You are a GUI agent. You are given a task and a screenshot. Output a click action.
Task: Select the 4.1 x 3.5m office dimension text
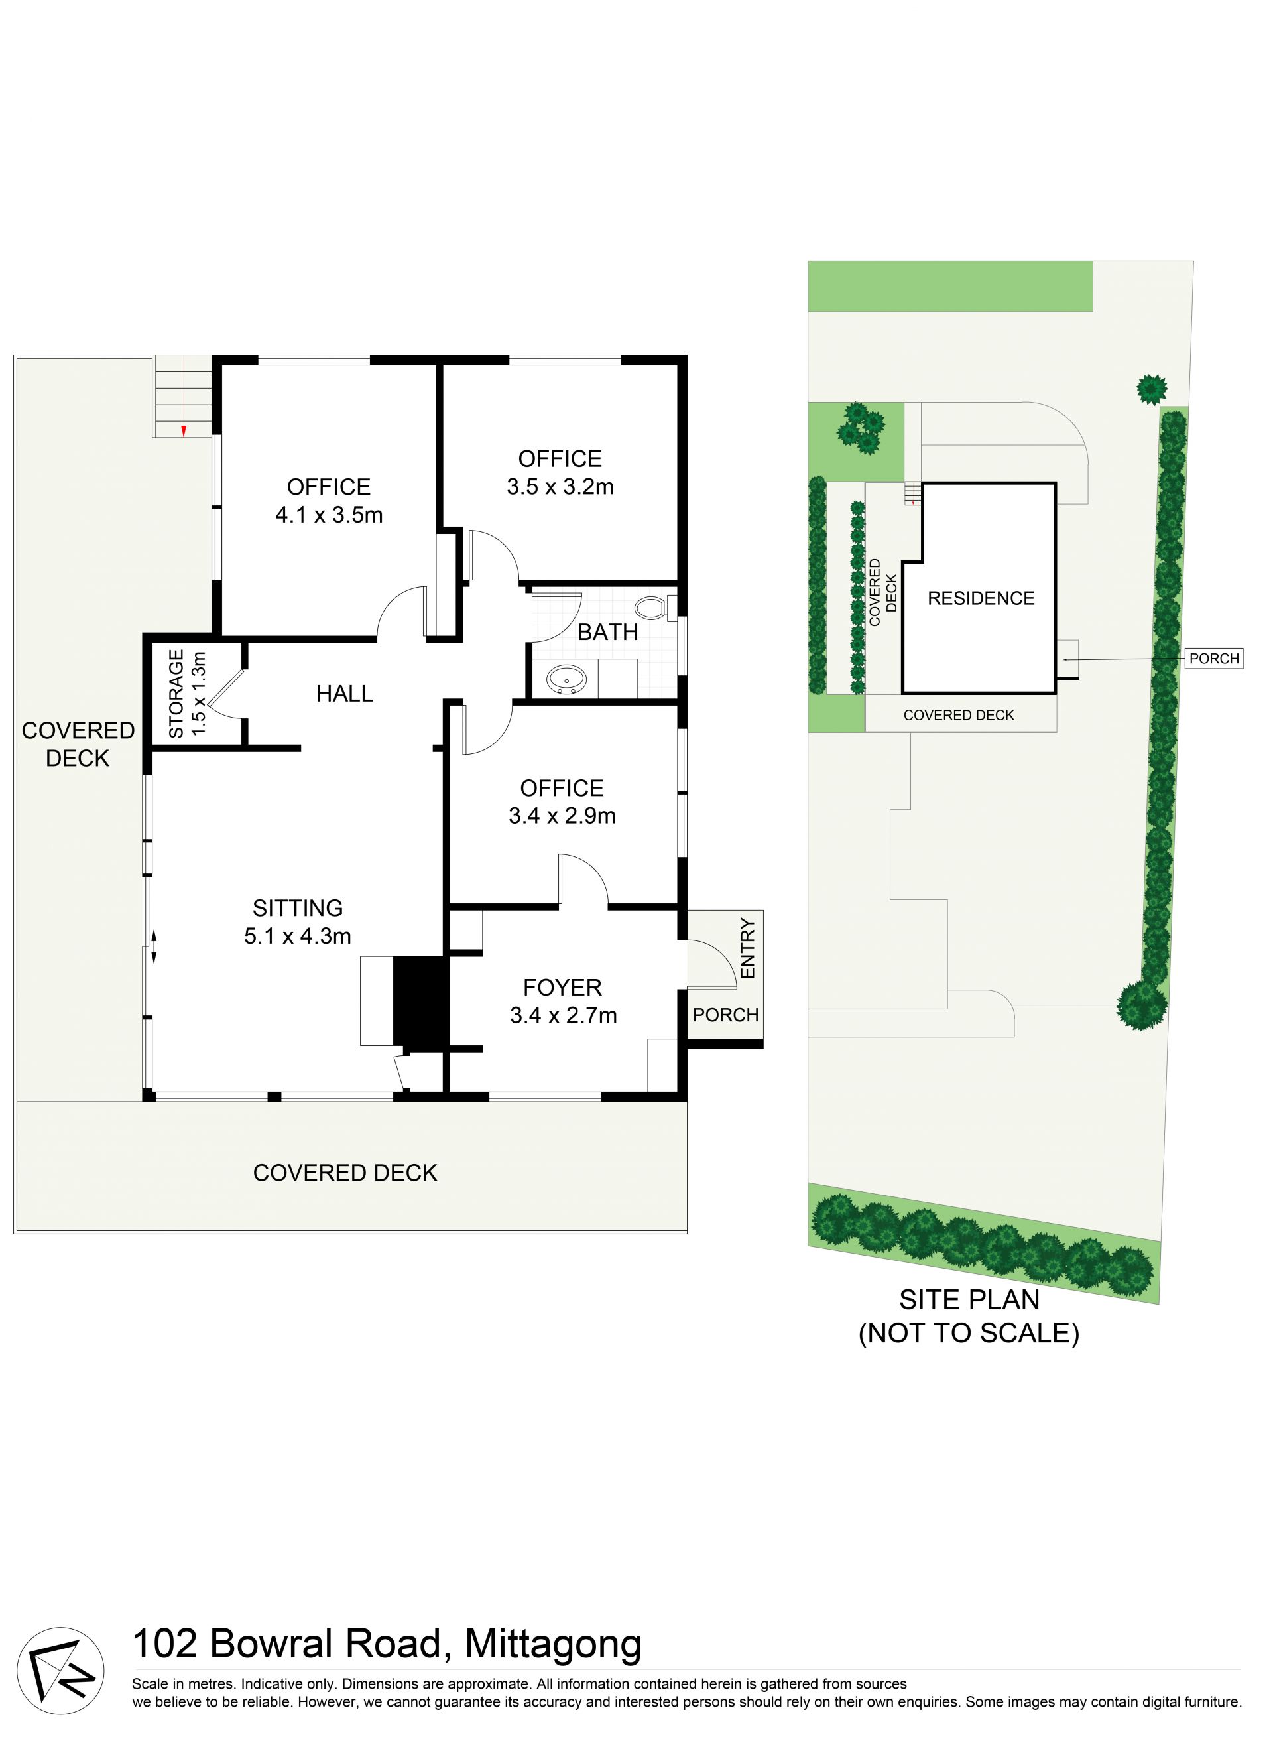[x=329, y=515]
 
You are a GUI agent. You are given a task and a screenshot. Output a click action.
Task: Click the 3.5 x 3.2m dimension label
[x=560, y=486]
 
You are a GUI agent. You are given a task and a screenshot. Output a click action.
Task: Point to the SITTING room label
[x=298, y=908]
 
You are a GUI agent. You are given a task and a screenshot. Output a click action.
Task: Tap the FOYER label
[x=562, y=988]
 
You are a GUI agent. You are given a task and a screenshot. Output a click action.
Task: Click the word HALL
[x=345, y=694]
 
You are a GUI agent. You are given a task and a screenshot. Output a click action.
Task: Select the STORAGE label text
[x=176, y=694]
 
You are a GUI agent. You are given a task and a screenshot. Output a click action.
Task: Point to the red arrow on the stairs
[x=184, y=432]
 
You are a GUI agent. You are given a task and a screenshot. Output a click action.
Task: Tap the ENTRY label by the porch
[x=747, y=948]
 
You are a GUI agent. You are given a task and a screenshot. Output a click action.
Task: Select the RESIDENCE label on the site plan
[x=981, y=598]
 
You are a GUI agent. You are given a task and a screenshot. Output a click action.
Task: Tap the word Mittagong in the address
[x=553, y=1646]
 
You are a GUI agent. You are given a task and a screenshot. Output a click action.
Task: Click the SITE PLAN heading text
[x=969, y=1299]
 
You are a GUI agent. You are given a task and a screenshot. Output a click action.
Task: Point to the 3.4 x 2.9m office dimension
[x=562, y=816]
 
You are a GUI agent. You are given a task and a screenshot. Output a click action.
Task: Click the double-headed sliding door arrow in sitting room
[x=153, y=946]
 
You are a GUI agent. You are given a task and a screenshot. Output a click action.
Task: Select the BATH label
[x=608, y=632]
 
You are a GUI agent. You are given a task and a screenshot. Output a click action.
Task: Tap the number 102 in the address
[x=164, y=1646]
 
